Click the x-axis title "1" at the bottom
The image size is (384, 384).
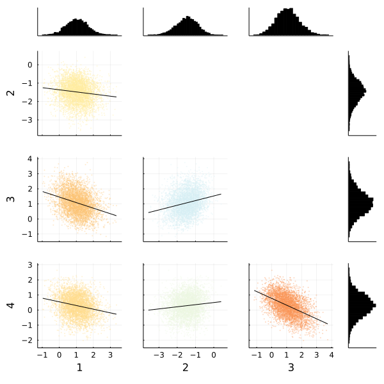[79, 368]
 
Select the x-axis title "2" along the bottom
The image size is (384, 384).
[185, 368]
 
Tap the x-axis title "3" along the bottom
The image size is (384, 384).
[291, 368]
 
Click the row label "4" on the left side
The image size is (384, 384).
[10, 305]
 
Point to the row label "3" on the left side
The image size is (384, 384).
[10, 198]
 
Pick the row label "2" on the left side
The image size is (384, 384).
[10, 93]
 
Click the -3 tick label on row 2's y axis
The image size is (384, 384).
[28, 120]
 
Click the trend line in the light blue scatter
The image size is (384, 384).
[185, 203]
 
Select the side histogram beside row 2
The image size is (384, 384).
[356, 93]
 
